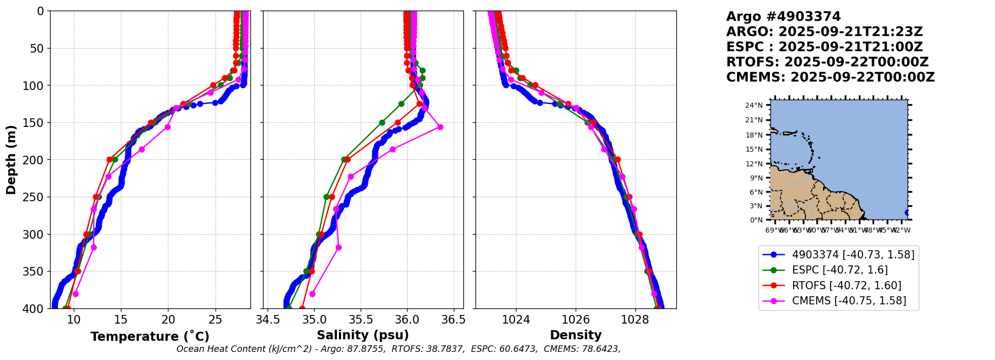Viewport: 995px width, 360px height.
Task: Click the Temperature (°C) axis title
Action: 150,337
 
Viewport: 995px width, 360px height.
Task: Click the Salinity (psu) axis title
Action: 363,335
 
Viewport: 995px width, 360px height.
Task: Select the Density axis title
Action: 576,335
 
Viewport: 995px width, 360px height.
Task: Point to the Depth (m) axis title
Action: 11,159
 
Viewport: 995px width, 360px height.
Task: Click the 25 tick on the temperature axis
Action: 215,320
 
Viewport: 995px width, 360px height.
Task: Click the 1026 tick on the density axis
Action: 576,320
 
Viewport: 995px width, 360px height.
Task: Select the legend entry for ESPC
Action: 840,270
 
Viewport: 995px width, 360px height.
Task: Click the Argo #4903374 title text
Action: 783,17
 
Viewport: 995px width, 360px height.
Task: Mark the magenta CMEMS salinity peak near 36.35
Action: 440,127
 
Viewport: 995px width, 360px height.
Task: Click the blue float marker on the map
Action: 907,212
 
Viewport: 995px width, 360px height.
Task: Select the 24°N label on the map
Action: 754,106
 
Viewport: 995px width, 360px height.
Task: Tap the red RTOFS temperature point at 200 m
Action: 109,159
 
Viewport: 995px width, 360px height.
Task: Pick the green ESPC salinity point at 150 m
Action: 382,122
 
